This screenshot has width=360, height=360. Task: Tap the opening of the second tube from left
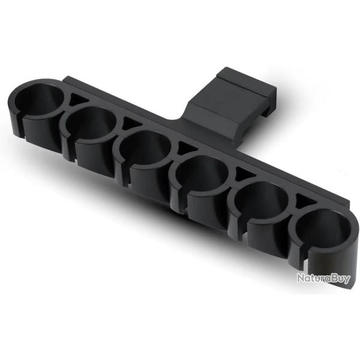point(91,123)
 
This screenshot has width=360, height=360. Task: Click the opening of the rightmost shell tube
point(321,228)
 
